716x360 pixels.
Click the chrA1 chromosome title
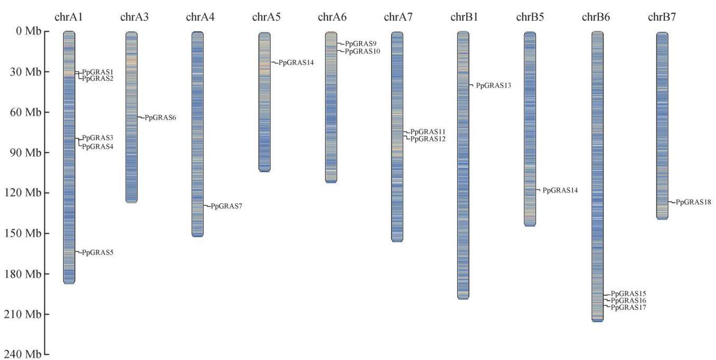click(69, 17)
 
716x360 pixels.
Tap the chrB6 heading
click(596, 17)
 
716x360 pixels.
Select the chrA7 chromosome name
click(398, 17)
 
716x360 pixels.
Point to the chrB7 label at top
click(662, 17)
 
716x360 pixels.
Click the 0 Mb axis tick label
click(29, 31)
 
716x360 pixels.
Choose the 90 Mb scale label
click(25, 153)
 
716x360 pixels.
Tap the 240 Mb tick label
click(23, 354)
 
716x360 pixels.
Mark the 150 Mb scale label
click(23, 233)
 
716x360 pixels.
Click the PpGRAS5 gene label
click(98, 252)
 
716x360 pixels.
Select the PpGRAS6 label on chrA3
click(161, 118)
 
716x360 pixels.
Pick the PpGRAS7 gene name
click(227, 206)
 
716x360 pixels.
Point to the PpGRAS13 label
click(494, 86)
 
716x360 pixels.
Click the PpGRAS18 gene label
click(693, 202)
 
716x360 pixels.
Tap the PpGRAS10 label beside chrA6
click(362, 51)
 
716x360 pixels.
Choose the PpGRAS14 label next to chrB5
click(560, 191)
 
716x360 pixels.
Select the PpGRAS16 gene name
click(628, 300)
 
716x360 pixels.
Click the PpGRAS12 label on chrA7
click(428, 139)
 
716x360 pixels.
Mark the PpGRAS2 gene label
click(98, 79)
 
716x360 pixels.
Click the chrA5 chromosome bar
click(265, 102)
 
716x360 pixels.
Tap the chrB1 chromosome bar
click(463, 165)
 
